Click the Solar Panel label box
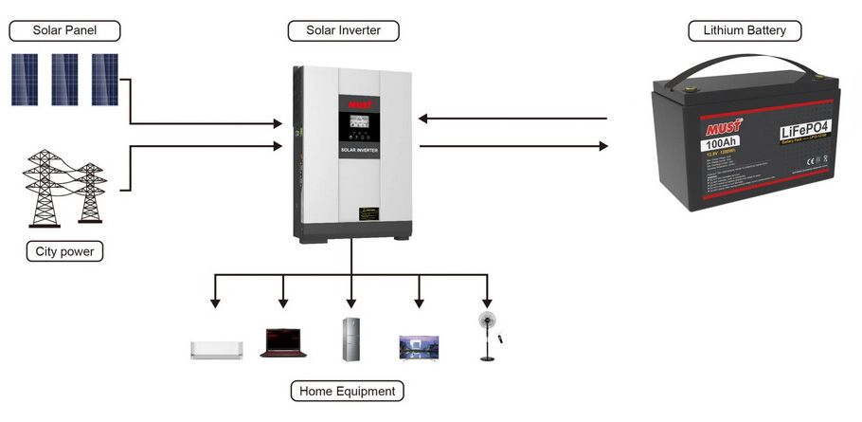(x=64, y=31)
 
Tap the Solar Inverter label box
(x=343, y=31)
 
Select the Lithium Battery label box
(x=744, y=31)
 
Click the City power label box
(x=64, y=251)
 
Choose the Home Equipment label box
(x=346, y=391)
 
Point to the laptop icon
(x=282, y=341)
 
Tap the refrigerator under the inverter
(x=351, y=339)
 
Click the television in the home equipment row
(x=419, y=346)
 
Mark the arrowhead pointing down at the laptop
(x=282, y=303)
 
